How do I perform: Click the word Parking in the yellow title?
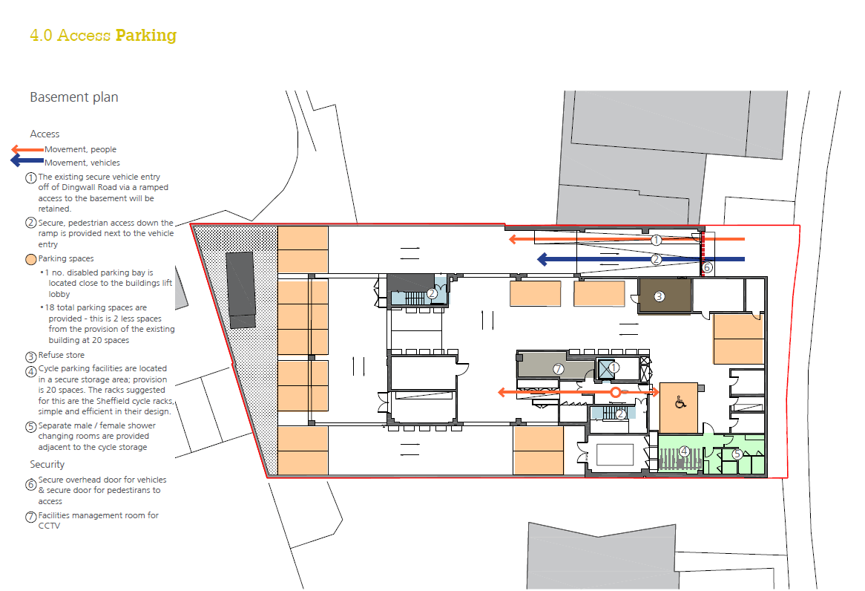click(x=146, y=36)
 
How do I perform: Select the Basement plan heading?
click(x=74, y=97)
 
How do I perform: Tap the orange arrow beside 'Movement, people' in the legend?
click(x=27, y=149)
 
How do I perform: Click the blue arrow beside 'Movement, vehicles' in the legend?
click(x=27, y=160)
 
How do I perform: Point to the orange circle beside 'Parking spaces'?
click(x=31, y=259)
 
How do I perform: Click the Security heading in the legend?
click(x=47, y=465)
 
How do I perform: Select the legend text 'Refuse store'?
click(x=62, y=355)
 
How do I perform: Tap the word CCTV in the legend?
click(x=49, y=526)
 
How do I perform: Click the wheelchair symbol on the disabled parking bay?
click(x=680, y=402)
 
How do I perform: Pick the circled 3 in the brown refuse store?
click(x=659, y=296)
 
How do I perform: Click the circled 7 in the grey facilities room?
click(x=559, y=369)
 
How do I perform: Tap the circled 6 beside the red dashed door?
click(x=707, y=267)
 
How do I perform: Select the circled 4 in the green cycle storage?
click(x=684, y=451)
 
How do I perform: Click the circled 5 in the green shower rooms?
click(x=737, y=454)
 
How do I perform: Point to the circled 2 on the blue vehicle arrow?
click(x=656, y=259)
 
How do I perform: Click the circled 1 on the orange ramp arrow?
click(x=656, y=240)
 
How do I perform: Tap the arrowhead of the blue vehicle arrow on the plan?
click(x=542, y=259)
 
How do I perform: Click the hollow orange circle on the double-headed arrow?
click(x=616, y=392)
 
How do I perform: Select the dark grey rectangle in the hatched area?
click(x=240, y=290)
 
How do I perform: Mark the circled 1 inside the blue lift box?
click(x=614, y=368)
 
